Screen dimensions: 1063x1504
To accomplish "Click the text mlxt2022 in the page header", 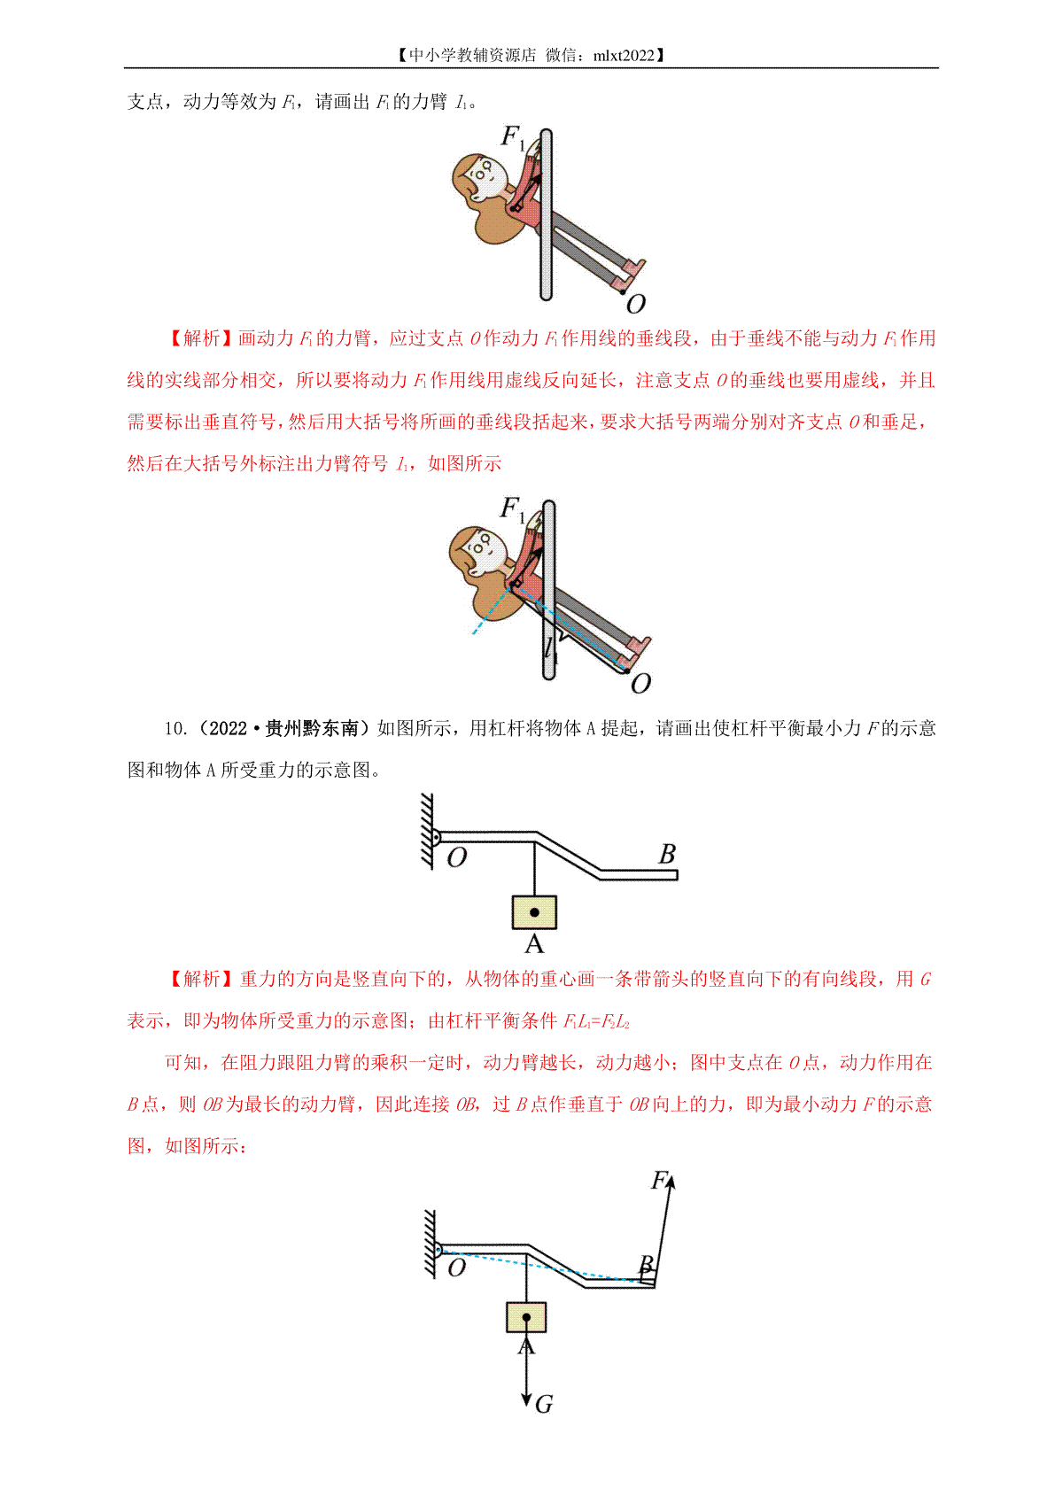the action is point(623,55).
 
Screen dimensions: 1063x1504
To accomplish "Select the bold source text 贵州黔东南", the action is point(312,728).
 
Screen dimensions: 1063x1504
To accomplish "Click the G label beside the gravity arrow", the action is point(544,1404).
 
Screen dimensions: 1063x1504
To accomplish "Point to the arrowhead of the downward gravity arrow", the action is point(526,1400).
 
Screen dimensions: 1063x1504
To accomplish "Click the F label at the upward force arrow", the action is point(659,1180).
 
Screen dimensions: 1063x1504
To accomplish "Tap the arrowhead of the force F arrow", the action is point(671,1181).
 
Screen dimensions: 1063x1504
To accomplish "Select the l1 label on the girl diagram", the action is point(551,649).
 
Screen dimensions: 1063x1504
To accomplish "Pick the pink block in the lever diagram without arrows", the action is point(534,911).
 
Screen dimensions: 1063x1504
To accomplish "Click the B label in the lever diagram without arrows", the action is point(667,854).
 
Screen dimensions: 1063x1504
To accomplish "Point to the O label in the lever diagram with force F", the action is point(456,1268).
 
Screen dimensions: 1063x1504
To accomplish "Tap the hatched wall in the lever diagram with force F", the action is point(430,1243).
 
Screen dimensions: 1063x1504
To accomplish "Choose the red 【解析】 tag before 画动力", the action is point(201,338).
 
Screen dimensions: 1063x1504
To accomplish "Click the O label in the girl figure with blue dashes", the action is point(640,684).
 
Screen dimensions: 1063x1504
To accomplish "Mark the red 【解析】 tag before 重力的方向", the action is point(201,979).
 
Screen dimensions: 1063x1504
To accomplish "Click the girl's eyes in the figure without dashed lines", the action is point(482,172).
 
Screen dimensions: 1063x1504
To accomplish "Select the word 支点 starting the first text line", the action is point(145,102).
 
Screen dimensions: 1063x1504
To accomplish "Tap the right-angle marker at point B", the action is point(648,1279).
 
